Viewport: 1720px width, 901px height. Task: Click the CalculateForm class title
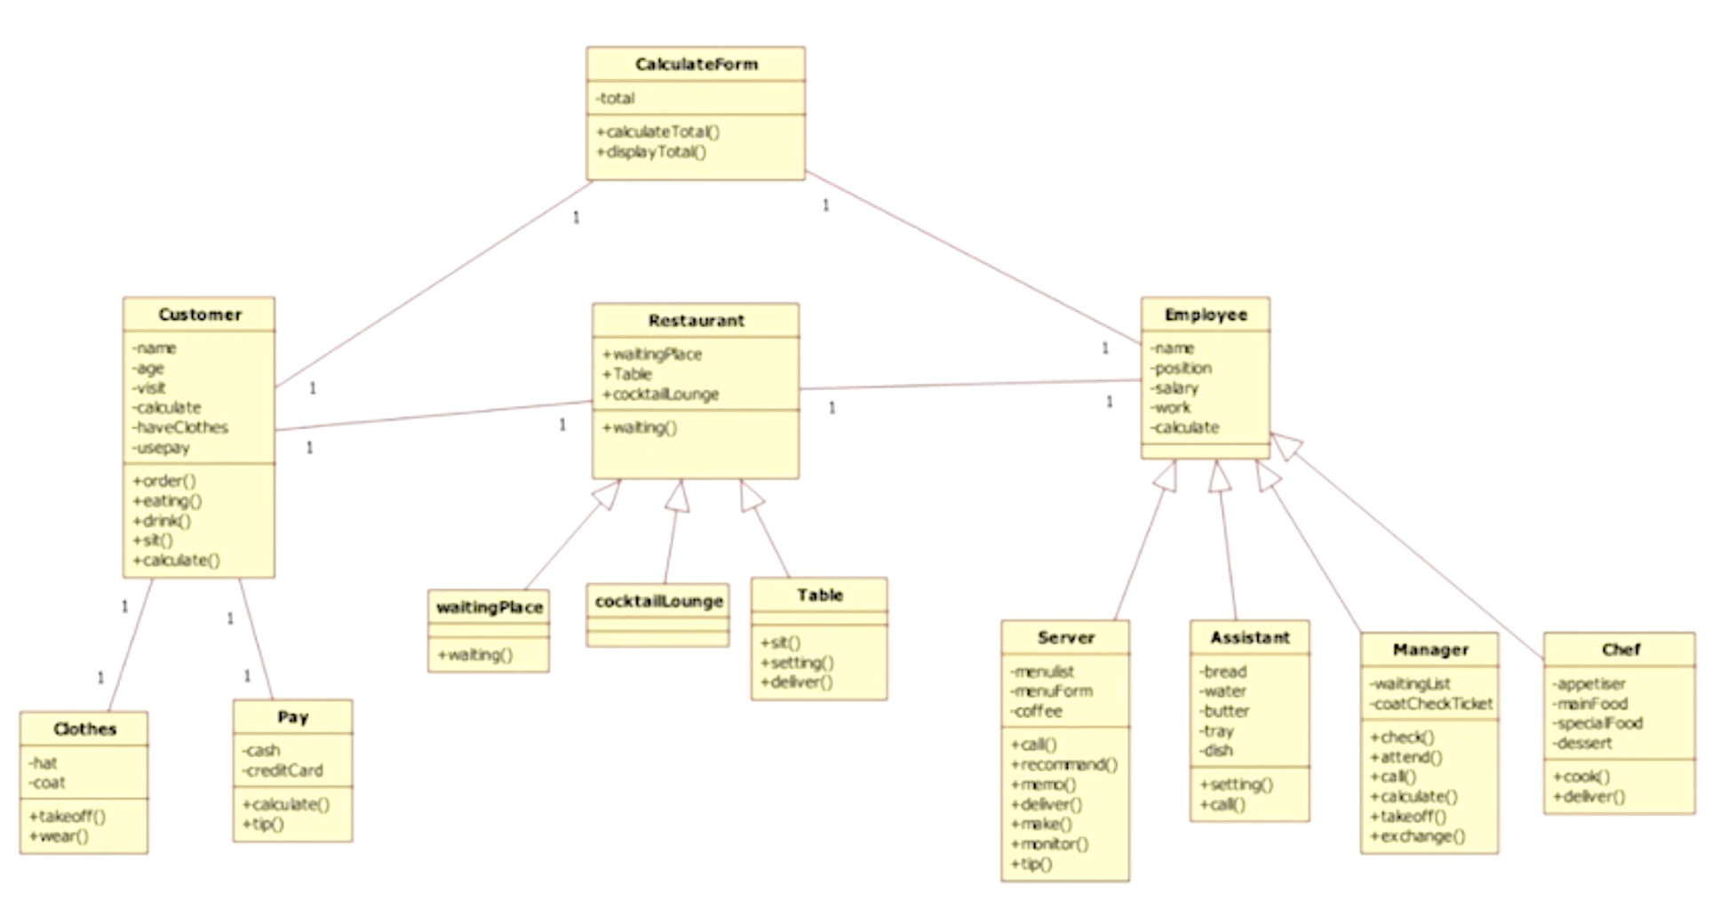pyautogui.click(x=697, y=64)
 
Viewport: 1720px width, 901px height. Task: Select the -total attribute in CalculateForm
pyautogui.click(x=616, y=98)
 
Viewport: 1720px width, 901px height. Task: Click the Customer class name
pyautogui.click(x=200, y=315)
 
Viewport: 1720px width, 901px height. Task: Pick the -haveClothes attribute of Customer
pyautogui.click(x=180, y=427)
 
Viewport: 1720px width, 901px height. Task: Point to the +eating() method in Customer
pyautogui.click(x=167, y=501)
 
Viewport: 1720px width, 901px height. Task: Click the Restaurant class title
pyautogui.click(x=697, y=321)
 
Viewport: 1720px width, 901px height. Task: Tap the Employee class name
pyautogui.click(x=1206, y=315)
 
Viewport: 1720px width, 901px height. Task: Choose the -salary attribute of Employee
pyautogui.click(x=1175, y=388)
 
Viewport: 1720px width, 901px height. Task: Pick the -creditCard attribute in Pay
pyautogui.click(x=283, y=770)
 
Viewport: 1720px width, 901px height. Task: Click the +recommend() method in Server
pyautogui.click(x=1064, y=764)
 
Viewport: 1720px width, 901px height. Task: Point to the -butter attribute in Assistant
pyautogui.click(x=1224, y=711)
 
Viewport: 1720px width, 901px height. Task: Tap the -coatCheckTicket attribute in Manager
pyautogui.click(x=1431, y=704)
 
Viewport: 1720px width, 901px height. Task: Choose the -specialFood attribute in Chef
pyautogui.click(x=1597, y=723)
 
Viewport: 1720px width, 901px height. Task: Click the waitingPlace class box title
pyautogui.click(x=490, y=608)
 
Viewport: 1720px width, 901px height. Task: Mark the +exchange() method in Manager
pyautogui.click(x=1418, y=836)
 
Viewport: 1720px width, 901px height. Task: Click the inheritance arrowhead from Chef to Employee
pyautogui.click(x=1285, y=443)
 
